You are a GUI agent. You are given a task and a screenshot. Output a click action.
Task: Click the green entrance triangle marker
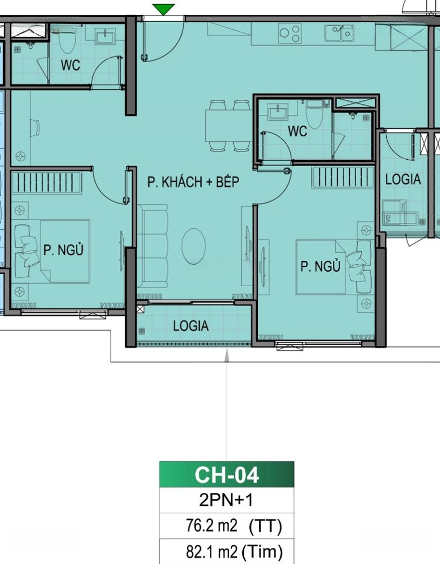click(163, 9)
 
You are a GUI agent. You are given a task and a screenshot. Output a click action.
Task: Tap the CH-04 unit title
click(227, 475)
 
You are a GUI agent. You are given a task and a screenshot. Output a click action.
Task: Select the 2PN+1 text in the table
click(226, 500)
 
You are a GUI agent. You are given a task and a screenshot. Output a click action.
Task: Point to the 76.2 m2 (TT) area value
click(234, 526)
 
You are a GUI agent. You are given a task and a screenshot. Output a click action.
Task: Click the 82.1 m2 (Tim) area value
click(234, 551)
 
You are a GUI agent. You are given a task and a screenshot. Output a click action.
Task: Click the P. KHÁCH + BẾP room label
click(193, 182)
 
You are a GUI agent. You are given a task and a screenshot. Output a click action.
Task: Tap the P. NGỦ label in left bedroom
click(63, 249)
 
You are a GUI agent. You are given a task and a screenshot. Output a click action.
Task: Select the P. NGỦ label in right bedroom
click(320, 266)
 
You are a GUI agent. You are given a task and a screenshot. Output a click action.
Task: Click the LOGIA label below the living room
click(191, 326)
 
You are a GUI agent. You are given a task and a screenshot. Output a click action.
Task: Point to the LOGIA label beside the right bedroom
click(403, 179)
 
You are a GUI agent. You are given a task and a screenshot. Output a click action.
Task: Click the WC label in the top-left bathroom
click(70, 65)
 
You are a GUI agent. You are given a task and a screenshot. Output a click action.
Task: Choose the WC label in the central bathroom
click(298, 131)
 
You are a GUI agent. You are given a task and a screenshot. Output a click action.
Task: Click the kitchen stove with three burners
click(290, 33)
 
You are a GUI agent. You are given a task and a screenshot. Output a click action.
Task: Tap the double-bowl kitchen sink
click(339, 33)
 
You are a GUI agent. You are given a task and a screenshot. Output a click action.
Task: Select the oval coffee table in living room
click(194, 246)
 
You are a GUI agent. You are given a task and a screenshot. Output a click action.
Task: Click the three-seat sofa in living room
click(152, 246)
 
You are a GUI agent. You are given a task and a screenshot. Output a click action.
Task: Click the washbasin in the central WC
click(278, 112)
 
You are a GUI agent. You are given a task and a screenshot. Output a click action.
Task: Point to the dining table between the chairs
click(229, 125)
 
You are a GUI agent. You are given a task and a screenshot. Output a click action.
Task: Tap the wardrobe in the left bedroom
click(47, 182)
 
